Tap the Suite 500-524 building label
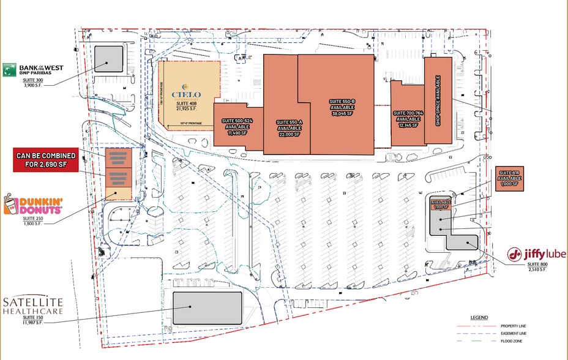237,126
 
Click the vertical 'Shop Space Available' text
438,101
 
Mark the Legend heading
479,318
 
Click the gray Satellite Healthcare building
207,307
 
